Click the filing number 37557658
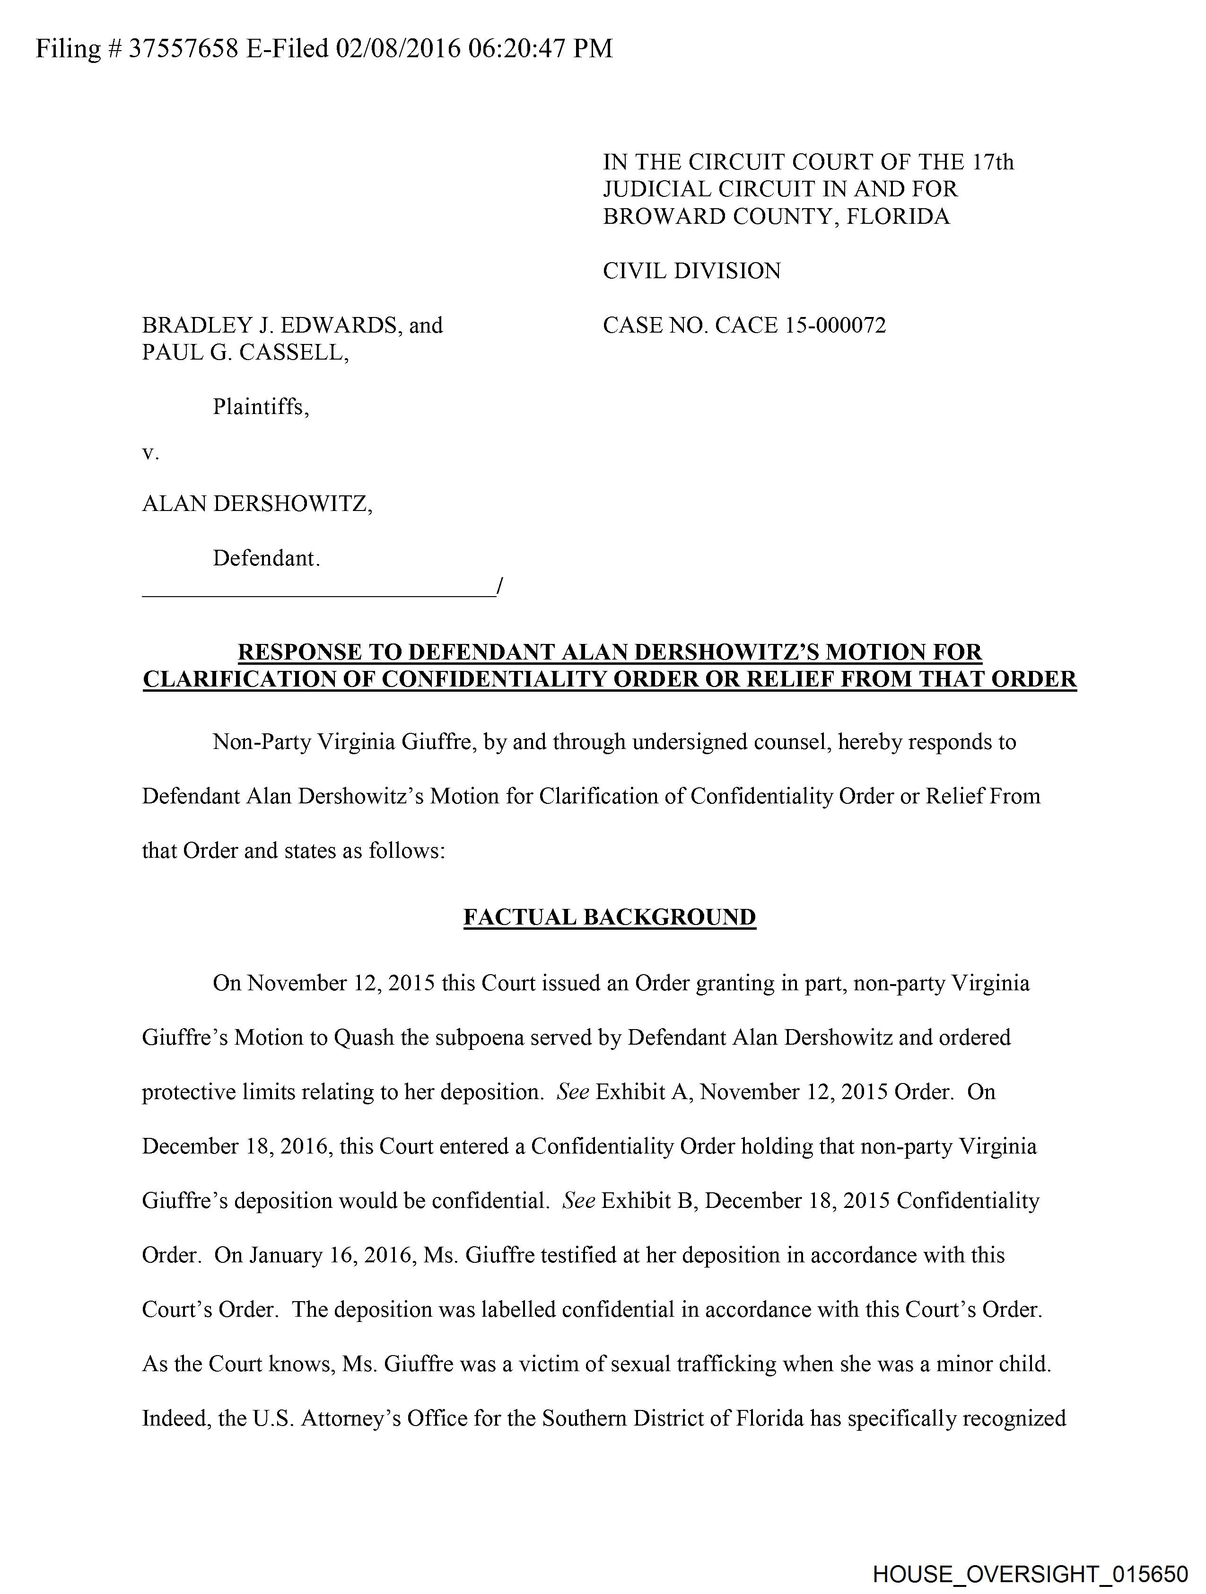(x=183, y=49)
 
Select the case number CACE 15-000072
(x=800, y=326)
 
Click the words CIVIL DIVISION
(x=691, y=271)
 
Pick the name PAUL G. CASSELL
(x=245, y=353)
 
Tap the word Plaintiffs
(x=261, y=408)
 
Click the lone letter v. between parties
(x=150, y=454)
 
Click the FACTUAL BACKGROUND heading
(x=610, y=917)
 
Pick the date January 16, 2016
(x=330, y=1255)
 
